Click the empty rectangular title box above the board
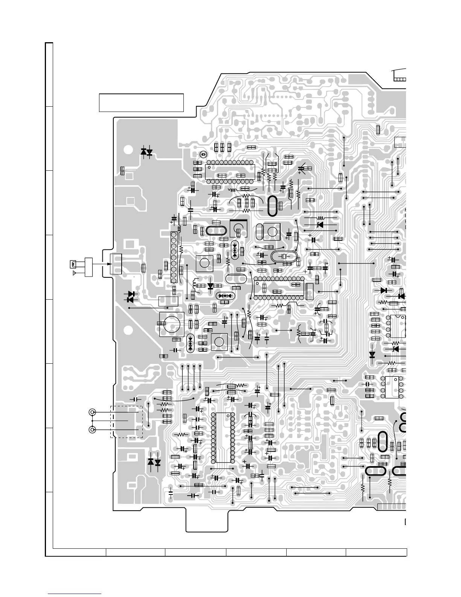tap(141, 103)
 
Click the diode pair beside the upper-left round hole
tap(147, 152)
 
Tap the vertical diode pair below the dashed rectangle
tap(154, 462)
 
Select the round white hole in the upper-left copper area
tap(128, 149)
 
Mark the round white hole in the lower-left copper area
tap(128, 331)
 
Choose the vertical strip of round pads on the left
tap(173, 257)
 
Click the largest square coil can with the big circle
tap(171, 324)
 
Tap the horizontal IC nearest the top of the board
tap(229, 172)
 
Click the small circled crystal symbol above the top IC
tap(203, 155)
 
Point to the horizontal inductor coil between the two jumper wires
tap(321, 218)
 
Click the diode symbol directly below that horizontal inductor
tap(320, 225)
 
